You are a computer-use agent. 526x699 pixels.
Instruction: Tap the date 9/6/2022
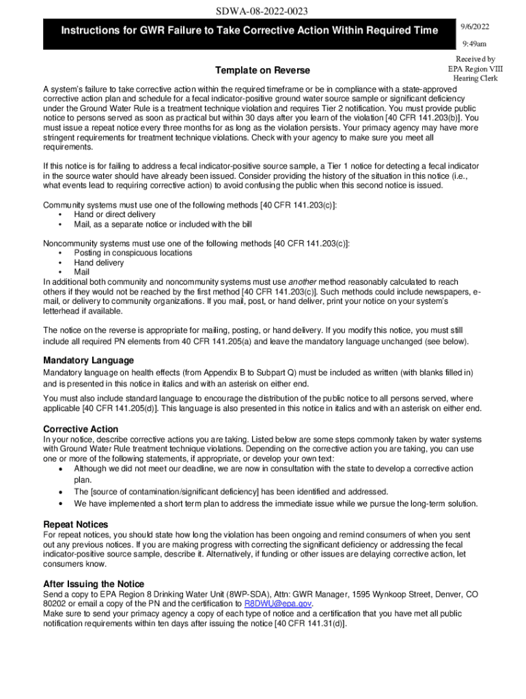tap(475, 27)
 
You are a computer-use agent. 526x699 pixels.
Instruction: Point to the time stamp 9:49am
tap(473, 44)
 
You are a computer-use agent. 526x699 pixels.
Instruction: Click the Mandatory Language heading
tap(88, 360)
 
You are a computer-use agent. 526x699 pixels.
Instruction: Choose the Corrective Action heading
tap(81, 429)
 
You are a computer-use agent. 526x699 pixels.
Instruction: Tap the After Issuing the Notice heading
tap(94, 584)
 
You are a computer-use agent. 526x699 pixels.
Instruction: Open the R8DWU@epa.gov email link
tap(278, 604)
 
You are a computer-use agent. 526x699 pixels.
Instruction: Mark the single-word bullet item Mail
tap(82, 272)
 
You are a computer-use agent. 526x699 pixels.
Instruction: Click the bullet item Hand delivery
tap(99, 262)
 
